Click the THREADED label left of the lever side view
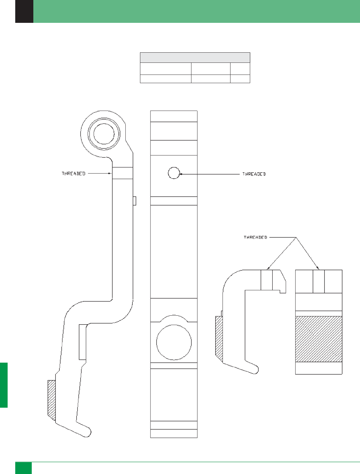click(73, 174)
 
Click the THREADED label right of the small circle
click(254, 174)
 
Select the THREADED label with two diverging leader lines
click(255, 237)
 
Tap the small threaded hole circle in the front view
click(174, 173)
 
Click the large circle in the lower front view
click(174, 342)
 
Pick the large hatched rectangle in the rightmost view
click(319, 339)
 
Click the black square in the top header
click(24, 11)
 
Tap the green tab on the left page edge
click(3, 385)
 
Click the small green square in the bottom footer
click(23, 468)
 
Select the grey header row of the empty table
click(195, 58)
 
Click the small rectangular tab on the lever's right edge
click(135, 201)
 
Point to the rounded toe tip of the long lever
click(88, 432)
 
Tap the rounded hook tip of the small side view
click(255, 369)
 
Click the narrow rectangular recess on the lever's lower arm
click(82, 342)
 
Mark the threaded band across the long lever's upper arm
click(123, 173)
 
